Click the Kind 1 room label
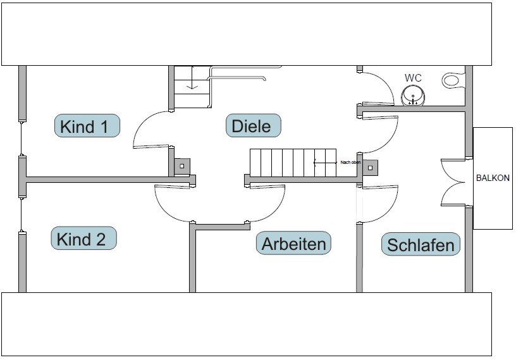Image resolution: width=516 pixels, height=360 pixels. tap(87, 126)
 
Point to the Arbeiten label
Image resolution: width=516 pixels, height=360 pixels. tap(293, 243)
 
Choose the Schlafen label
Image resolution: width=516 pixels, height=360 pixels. tap(421, 244)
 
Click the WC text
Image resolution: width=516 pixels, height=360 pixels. tap(413, 78)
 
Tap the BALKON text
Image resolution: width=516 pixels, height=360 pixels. tap(493, 178)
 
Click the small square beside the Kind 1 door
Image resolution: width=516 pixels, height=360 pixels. tap(182, 166)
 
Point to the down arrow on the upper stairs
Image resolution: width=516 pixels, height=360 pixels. tap(195, 84)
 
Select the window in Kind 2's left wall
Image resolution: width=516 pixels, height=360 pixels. tap(22, 215)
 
